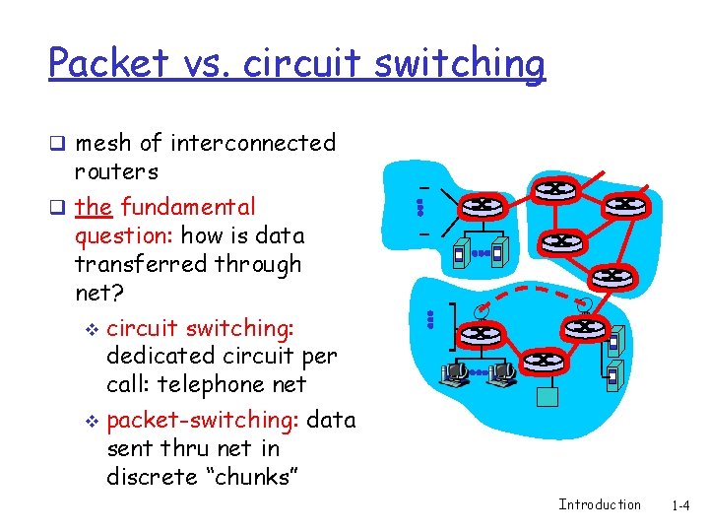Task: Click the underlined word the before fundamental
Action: pyautogui.click(x=93, y=207)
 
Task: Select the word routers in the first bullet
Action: pyautogui.click(x=116, y=171)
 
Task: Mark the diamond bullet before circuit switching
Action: pyautogui.click(x=92, y=328)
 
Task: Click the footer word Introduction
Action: pyautogui.click(x=600, y=505)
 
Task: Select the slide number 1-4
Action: pyautogui.click(x=680, y=505)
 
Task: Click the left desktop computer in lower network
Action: pyautogui.click(x=454, y=373)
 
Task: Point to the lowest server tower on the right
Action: pyautogui.click(x=615, y=375)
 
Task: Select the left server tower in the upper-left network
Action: pyautogui.click(x=459, y=254)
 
